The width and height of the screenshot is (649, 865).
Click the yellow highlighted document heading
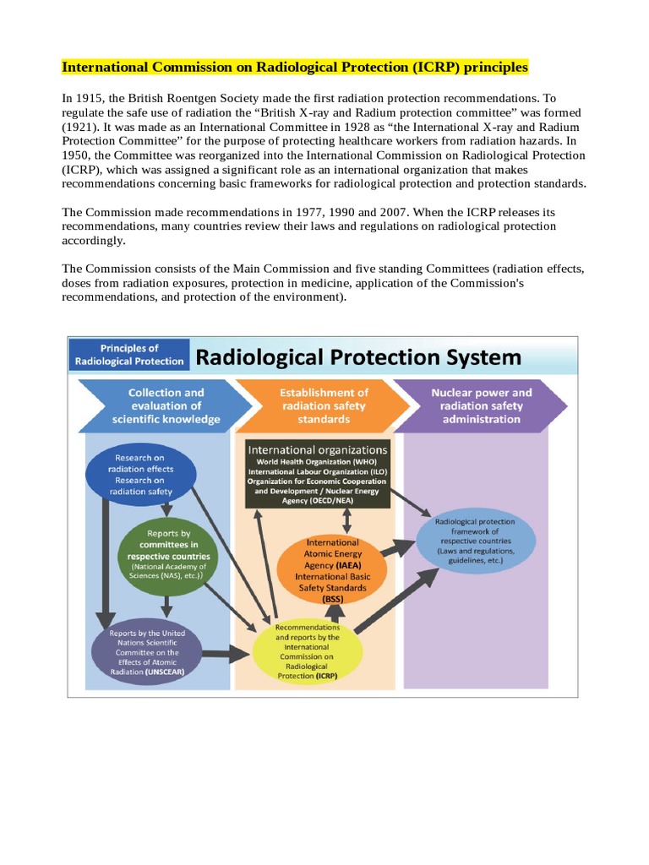pos(294,67)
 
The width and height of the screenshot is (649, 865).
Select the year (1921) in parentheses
pos(83,126)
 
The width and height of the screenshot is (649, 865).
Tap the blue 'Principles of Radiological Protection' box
pos(129,354)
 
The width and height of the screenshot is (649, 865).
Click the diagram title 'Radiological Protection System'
pos(358,357)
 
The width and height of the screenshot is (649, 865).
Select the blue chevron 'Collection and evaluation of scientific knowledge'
pos(161,405)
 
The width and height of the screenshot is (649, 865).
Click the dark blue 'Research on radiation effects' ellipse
pos(140,475)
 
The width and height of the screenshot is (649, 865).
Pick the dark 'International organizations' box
pos(318,473)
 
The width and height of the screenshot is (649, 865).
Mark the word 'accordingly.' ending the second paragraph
pos(93,240)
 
